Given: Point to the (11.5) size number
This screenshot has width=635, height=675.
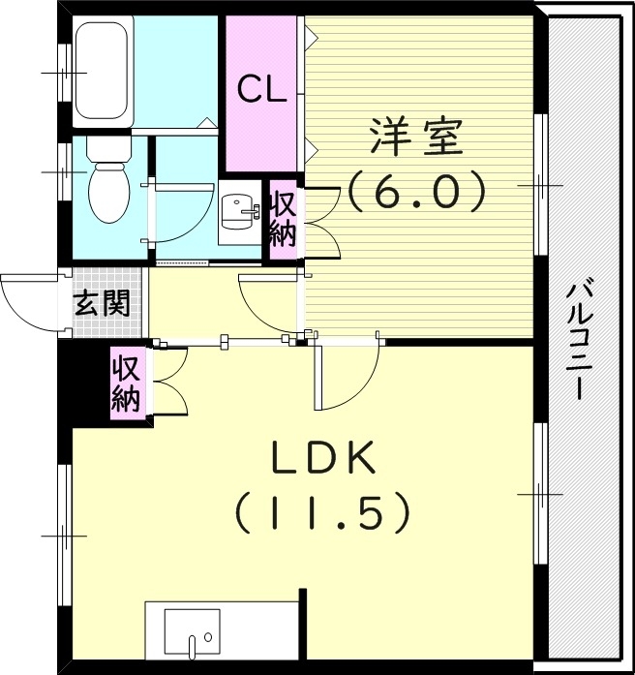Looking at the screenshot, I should pyautogui.click(x=322, y=513).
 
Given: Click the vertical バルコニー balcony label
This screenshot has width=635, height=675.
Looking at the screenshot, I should pyautogui.click(x=580, y=339).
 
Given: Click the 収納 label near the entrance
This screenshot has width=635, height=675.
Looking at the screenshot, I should pyautogui.click(x=126, y=384).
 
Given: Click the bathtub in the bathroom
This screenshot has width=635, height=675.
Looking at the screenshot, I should pyautogui.click(x=99, y=72).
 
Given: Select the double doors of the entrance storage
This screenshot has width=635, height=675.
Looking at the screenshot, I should pyautogui.click(x=168, y=383).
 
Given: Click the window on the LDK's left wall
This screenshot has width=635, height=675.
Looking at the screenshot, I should pyautogui.click(x=65, y=533).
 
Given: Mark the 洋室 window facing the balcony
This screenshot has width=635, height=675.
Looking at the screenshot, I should pyautogui.click(x=540, y=184).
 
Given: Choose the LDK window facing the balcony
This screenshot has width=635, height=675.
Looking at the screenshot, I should pyautogui.click(x=540, y=494).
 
